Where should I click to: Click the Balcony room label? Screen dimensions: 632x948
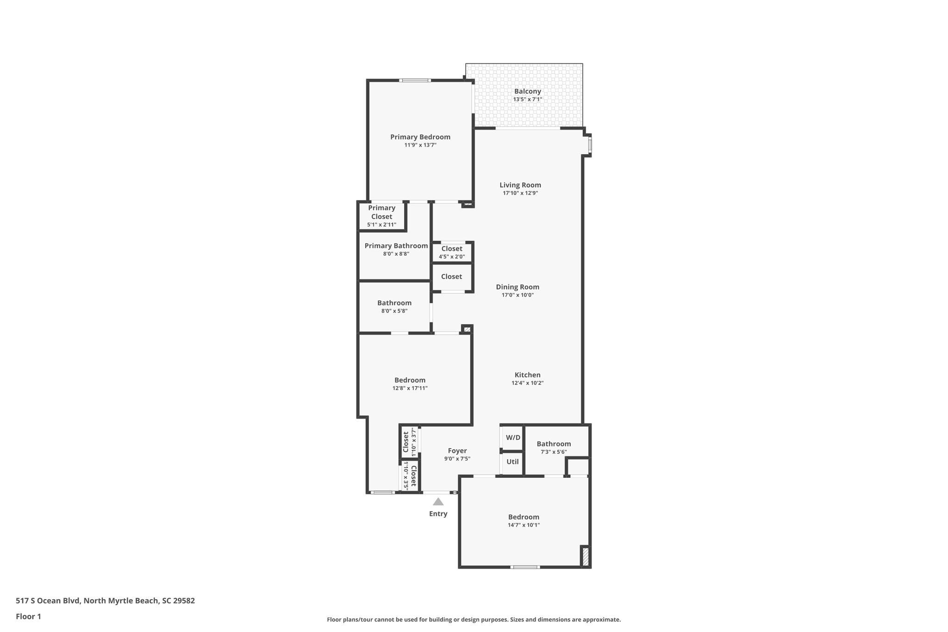point(527,92)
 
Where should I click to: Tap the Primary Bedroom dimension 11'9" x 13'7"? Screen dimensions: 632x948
point(420,145)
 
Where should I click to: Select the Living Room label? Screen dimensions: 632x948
point(520,185)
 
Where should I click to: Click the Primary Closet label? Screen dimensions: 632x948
point(381,212)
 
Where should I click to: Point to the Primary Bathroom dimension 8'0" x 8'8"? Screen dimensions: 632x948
point(396,254)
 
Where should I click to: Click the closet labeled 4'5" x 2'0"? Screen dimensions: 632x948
point(451,252)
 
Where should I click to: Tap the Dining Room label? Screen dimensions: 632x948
point(517,287)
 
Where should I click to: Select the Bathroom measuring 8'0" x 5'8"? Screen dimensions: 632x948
point(394,307)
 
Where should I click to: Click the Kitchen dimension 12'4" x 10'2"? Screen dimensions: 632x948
point(527,383)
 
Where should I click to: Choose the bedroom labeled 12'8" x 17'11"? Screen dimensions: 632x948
point(410,384)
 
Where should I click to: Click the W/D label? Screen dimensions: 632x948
point(512,438)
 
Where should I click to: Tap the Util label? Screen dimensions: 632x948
point(512,462)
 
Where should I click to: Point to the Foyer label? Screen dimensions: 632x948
point(457,451)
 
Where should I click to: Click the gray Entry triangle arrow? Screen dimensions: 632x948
point(438,502)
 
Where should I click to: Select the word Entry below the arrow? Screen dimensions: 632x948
point(438,513)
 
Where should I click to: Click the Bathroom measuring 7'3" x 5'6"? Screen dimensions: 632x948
point(553,447)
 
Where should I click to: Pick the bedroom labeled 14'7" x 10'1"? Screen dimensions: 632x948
point(524,520)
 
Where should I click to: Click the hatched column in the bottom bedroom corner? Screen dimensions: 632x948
point(585,556)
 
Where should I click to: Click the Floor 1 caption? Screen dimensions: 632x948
point(28,616)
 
